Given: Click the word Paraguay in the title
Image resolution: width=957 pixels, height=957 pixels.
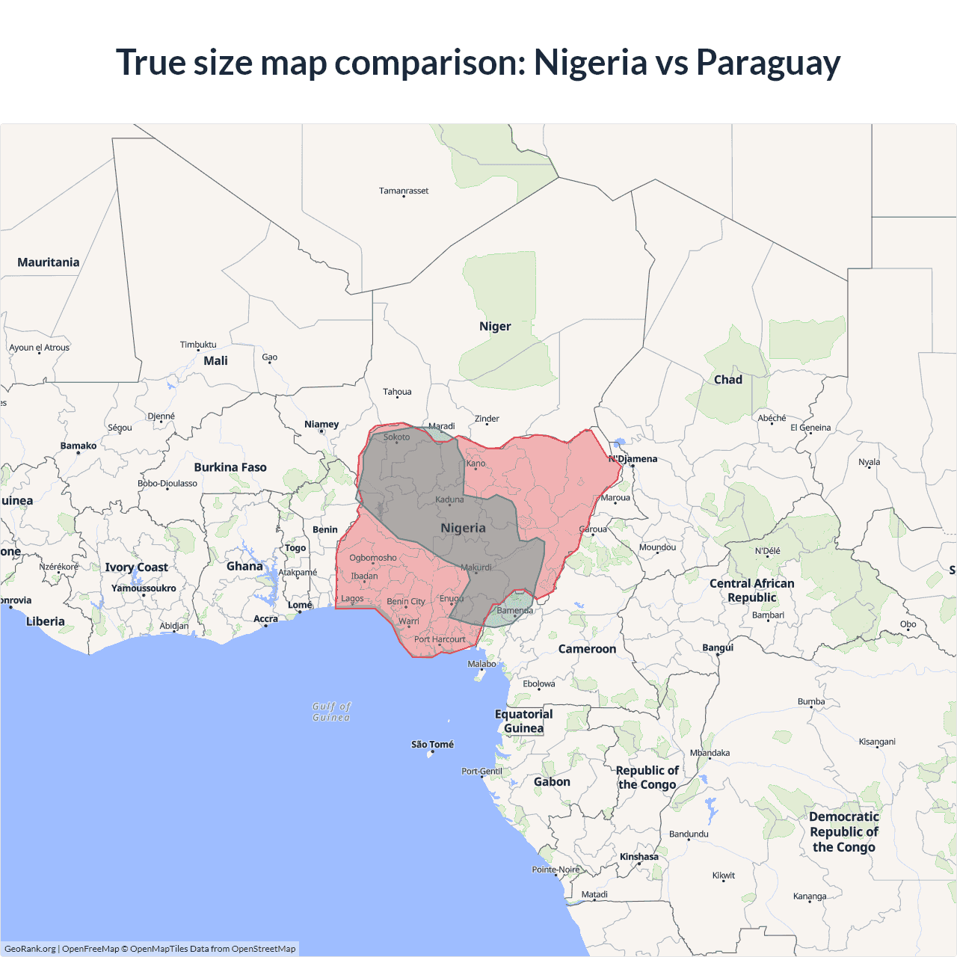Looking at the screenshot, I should [768, 63].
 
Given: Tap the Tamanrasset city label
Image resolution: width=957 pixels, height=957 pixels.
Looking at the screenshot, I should [404, 191].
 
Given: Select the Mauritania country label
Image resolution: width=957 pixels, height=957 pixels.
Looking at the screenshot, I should [49, 262].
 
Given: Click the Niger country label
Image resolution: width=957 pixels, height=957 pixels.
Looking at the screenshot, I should [495, 327].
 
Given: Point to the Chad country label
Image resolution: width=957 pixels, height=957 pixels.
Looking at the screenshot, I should [727, 380].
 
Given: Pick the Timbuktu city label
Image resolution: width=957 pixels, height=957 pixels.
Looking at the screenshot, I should [198, 345].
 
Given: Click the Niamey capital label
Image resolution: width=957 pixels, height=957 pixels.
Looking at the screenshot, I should [321, 425].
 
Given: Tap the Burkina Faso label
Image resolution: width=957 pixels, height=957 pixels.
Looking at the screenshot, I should [230, 467].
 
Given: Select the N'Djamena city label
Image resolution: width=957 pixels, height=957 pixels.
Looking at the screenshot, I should [633, 459].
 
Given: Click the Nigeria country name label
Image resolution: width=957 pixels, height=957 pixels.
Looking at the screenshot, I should [463, 528].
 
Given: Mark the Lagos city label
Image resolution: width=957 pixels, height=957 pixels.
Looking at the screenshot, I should [352, 599].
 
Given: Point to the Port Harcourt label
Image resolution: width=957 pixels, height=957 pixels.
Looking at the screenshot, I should [440, 639].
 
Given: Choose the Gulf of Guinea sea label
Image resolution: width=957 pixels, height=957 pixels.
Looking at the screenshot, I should [331, 712].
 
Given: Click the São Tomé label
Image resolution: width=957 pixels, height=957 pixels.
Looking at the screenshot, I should [432, 745].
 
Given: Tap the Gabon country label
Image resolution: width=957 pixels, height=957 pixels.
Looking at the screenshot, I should [552, 782].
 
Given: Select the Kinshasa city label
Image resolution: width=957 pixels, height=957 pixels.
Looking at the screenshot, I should [639, 857].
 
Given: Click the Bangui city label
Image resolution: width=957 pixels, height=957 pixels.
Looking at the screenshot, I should [718, 647].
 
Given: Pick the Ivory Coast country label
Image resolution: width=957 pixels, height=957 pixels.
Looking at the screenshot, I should [136, 567].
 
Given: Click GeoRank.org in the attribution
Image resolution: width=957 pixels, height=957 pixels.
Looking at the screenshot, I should [30, 949].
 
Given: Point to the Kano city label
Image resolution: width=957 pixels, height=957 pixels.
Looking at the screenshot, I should [476, 464].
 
